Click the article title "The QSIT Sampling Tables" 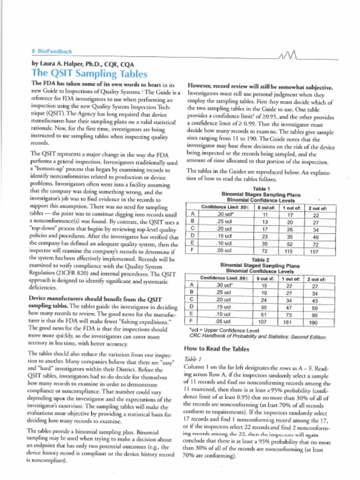[x=89, y=74]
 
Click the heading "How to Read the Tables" [x=217, y=349]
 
